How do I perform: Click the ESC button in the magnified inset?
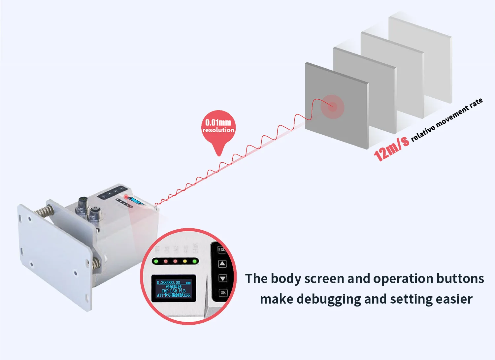click(222, 250)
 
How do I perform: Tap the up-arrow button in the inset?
click(222, 264)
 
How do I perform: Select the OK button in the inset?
click(223, 293)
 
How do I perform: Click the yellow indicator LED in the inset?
click(185, 261)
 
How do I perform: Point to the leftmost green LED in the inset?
click(156, 261)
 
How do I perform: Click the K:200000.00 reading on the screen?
click(169, 282)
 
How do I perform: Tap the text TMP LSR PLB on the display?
click(174, 291)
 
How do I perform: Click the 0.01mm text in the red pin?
click(218, 122)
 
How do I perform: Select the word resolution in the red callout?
click(218, 130)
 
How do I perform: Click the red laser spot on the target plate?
click(333, 106)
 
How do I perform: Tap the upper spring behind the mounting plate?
click(45, 211)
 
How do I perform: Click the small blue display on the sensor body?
click(136, 201)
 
